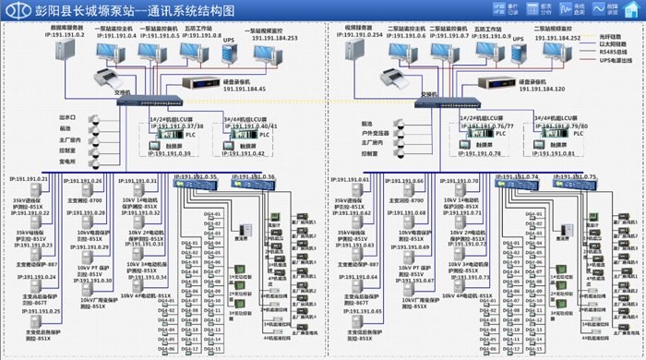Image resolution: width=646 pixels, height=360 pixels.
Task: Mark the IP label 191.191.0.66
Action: [x=407, y=181]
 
